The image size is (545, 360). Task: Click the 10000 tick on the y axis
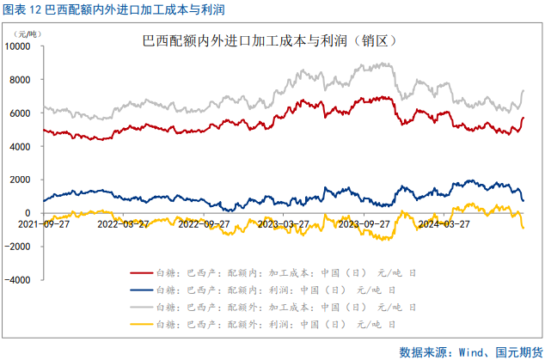pyautogui.click(x=20, y=46)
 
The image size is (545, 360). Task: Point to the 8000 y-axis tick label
pyautogui.click(x=21, y=80)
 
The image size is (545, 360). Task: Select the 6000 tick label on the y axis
pyautogui.click(x=21, y=113)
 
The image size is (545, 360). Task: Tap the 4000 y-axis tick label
pyautogui.click(x=21, y=146)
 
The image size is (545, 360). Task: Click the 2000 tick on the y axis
pyautogui.click(x=21, y=180)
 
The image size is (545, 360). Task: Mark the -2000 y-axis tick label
pyautogui.click(x=20, y=247)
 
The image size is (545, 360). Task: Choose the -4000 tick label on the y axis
pyautogui.click(x=20, y=280)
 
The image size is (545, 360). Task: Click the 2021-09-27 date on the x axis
pyautogui.click(x=43, y=223)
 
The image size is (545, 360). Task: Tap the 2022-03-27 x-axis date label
pyautogui.click(x=123, y=223)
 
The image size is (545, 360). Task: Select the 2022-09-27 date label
pyautogui.click(x=204, y=223)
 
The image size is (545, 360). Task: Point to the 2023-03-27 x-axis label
pyautogui.click(x=284, y=223)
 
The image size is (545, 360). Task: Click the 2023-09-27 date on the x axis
pyautogui.click(x=364, y=223)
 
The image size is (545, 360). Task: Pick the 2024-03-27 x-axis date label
pyautogui.click(x=444, y=223)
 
